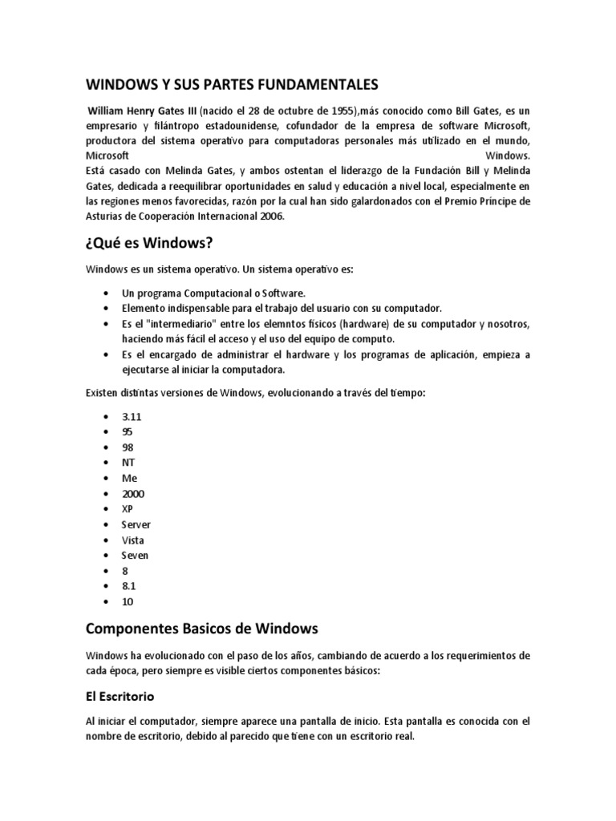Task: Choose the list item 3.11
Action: coord(132,418)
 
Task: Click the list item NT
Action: coord(128,463)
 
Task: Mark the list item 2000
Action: coord(133,494)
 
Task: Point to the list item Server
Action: coord(136,524)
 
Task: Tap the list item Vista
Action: coord(133,540)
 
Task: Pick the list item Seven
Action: coord(135,555)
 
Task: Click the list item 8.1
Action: coord(129,586)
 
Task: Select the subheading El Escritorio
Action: coord(123,697)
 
